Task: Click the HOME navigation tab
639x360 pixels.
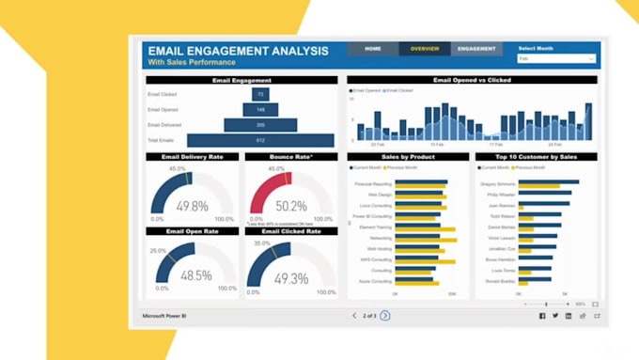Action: point(373,48)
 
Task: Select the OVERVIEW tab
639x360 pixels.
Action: point(425,48)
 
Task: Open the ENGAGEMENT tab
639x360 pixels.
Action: point(476,48)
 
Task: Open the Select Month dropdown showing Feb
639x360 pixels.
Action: point(555,58)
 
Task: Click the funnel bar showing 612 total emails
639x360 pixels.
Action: point(260,140)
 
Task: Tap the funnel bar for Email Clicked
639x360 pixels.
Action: point(260,94)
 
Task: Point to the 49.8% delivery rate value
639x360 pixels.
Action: point(192,206)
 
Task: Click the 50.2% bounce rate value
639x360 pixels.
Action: point(290,206)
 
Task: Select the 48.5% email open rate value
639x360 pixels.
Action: point(195,276)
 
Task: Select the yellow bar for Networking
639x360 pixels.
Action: point(426,241)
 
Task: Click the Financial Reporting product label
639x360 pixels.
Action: point(373,184)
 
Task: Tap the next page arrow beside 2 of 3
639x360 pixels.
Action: point(385,316)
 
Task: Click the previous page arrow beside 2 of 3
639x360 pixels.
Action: point(354,316)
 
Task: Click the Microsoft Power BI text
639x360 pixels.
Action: point(167,316)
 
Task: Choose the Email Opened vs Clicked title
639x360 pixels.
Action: point(472,81)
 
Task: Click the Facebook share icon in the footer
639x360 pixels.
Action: point(542,316)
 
